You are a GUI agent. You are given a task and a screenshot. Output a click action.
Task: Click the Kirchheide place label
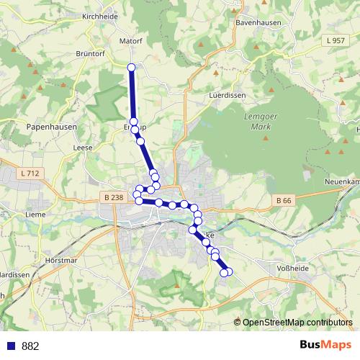tap(100, 16)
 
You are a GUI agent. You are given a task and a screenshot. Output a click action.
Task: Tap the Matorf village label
tap(130, 41)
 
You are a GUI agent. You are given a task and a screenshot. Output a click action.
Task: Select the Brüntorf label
tap(91, 53)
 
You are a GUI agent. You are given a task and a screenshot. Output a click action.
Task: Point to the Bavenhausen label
tap(257, 22)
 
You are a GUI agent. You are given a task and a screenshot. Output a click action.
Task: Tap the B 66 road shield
tap(284, 199)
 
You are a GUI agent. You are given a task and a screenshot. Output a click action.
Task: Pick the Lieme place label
tap(35, 214)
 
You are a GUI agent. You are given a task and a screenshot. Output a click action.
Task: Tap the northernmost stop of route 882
tap(132, 68)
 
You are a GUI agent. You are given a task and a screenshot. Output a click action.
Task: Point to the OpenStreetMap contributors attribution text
tap(297, 322)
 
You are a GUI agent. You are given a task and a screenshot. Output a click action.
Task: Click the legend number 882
tap(30, 346)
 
